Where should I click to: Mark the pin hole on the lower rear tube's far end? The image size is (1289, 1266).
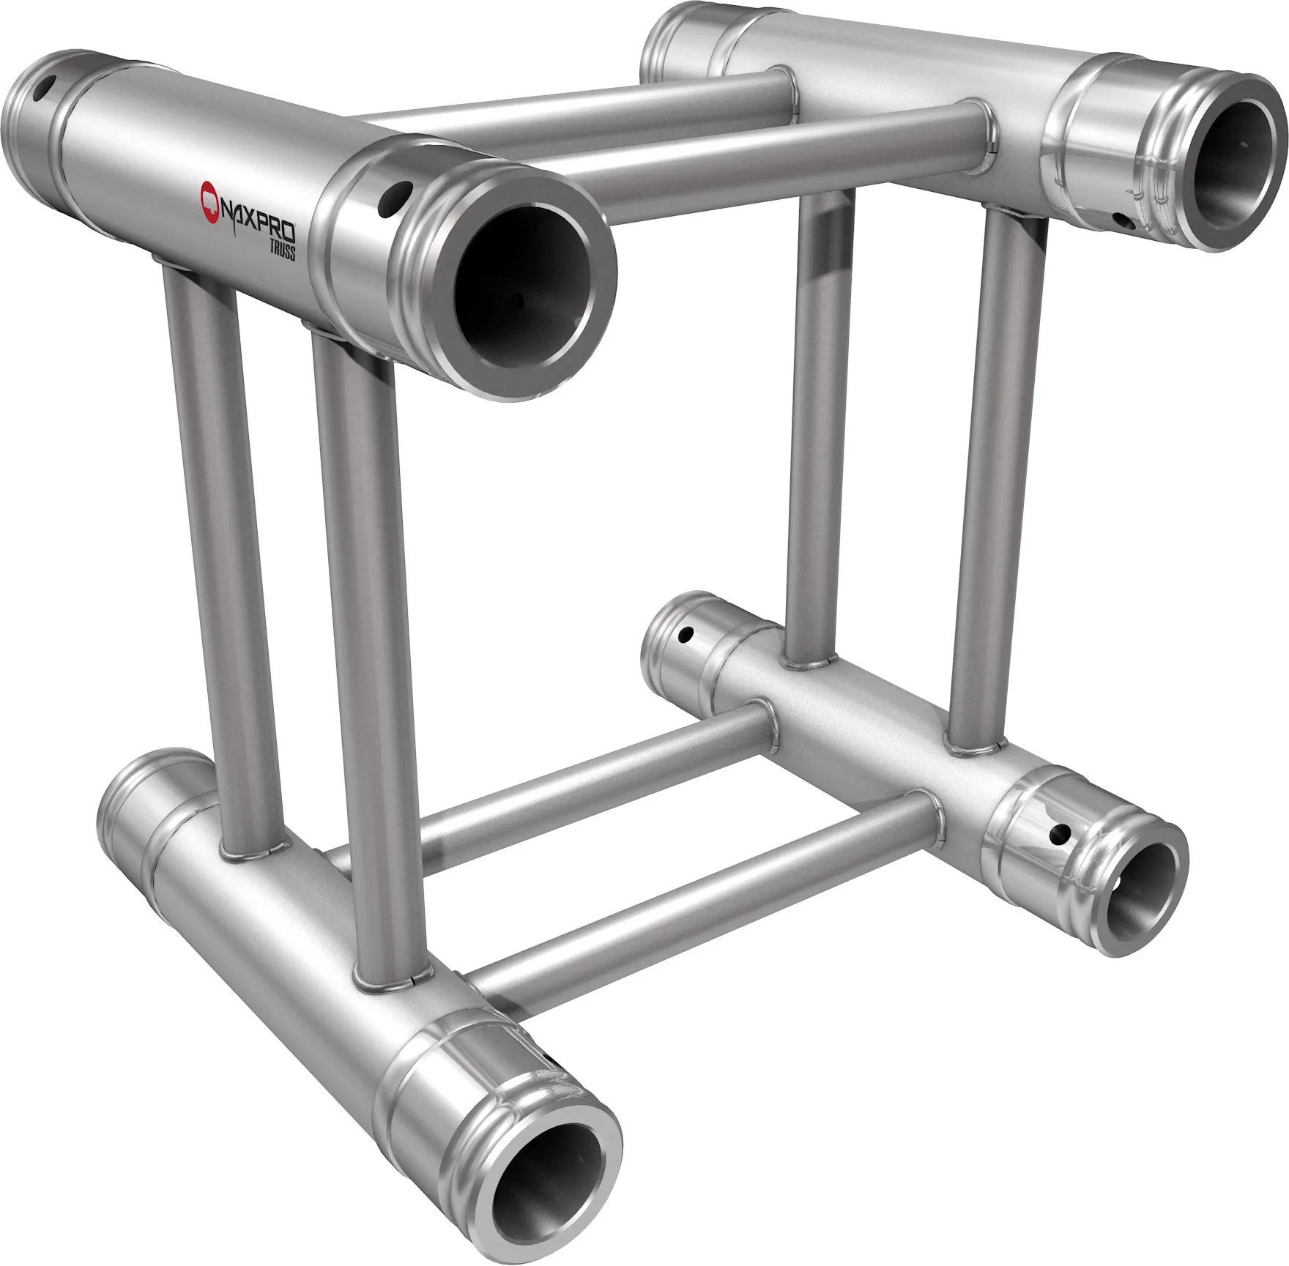tap(687, 633)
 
